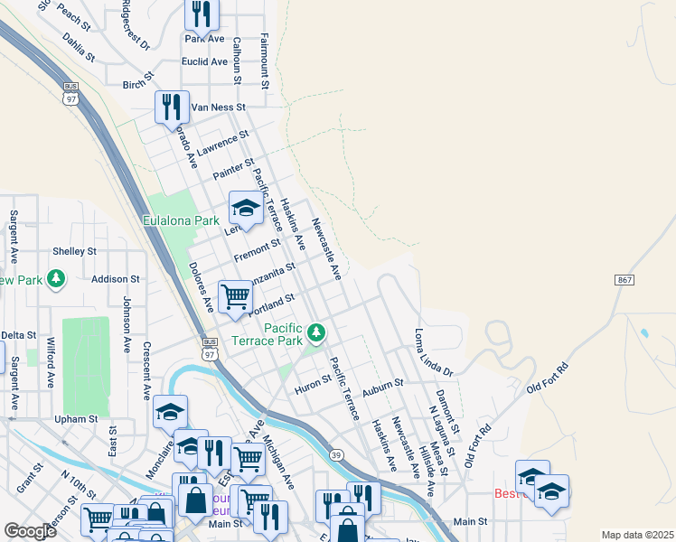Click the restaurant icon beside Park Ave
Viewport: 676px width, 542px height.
[x=201, y=14]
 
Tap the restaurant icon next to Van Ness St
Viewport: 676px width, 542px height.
[x=170, y=107]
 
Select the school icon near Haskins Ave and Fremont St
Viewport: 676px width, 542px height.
[x=245, y=209]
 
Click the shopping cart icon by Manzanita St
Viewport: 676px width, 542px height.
[x=235, y=294]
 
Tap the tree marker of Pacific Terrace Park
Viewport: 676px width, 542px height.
[x=315, y=333]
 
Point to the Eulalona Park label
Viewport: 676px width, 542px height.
[x=181, y=220]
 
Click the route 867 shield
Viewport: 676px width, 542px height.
[x=624, y=280]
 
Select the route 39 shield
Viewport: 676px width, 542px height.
[x=336, y=454]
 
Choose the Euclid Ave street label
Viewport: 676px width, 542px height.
[x=205, y=61]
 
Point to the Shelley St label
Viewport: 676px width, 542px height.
[x=74, y=251]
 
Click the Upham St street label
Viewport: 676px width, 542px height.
[x=75, y=419]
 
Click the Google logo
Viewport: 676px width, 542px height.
[x=30, y=531]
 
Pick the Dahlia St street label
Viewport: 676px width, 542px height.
[x=79, y=48]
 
